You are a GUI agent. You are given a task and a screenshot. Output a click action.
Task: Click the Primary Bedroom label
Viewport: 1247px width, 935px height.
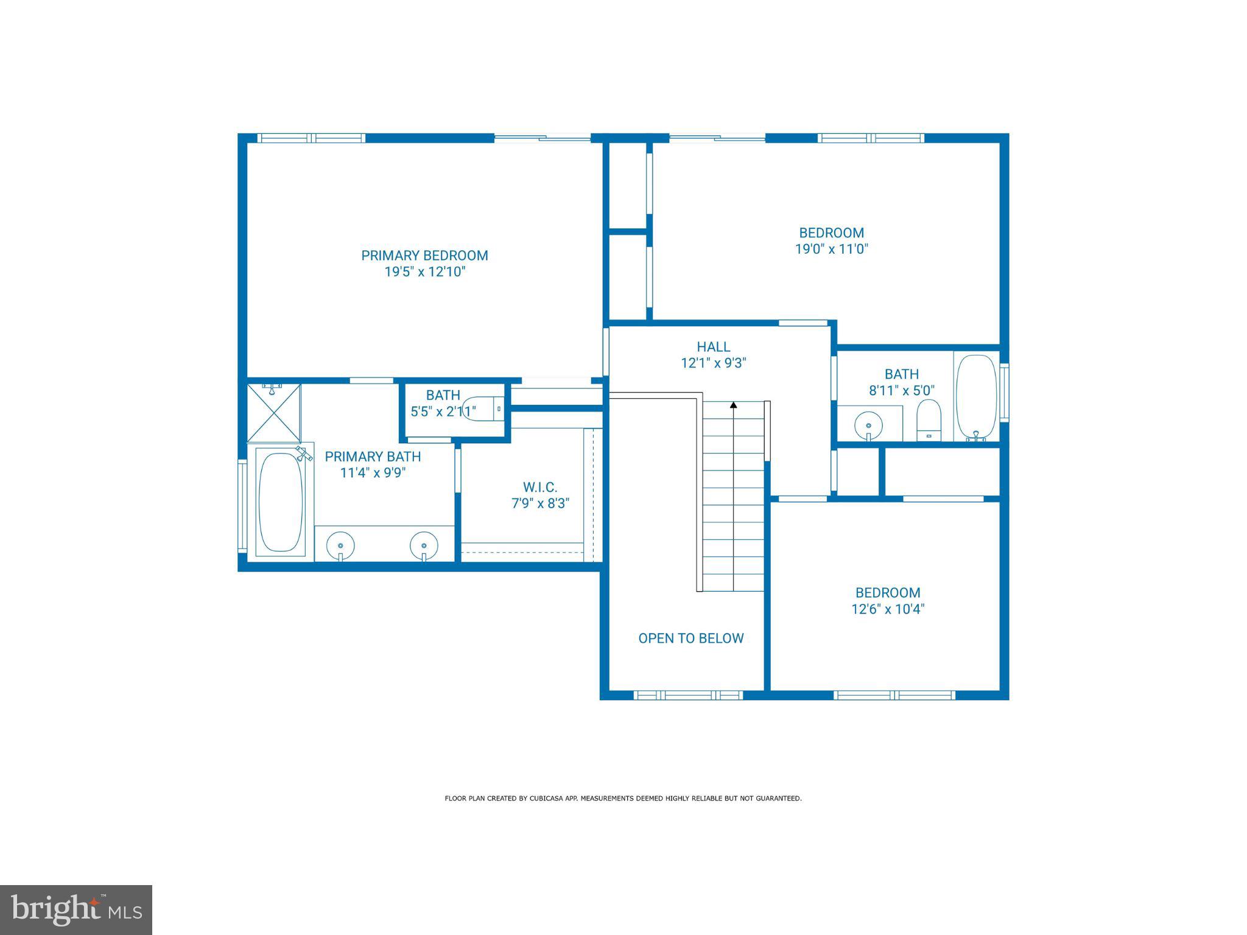(x=424, y=256)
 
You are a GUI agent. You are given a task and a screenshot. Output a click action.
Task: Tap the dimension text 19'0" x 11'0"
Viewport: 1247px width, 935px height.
(x=831, y=249)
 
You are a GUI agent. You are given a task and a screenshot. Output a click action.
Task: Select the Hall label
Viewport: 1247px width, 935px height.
(x=713, y=347)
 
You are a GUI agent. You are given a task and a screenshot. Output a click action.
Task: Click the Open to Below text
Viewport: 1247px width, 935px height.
(x=690, y=638)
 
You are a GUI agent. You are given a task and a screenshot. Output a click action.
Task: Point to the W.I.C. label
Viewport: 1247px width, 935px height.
(x=539, y=487)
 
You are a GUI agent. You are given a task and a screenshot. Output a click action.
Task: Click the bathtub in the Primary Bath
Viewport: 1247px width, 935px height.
(x=281, y=502)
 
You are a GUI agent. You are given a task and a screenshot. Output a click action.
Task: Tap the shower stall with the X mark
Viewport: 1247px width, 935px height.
(x=274, y=412)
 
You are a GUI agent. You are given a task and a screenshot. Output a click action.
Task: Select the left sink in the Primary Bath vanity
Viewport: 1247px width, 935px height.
(x=340, y=544)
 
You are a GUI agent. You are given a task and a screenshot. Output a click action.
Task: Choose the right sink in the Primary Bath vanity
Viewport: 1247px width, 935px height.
(x=424, y=544)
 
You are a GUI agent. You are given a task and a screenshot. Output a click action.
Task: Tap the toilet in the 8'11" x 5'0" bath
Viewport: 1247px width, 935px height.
(x=929, y=419)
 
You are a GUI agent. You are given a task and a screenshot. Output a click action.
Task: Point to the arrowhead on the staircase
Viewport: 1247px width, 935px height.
(x=733, y=405)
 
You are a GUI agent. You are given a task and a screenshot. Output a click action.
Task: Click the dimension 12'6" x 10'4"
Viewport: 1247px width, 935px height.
(x=888, y=609)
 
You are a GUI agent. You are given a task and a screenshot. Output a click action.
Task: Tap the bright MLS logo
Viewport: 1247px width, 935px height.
(x=76, y=909)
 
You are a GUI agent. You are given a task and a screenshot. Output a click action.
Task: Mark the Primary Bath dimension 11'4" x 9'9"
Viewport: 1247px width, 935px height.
(x=373, y=472)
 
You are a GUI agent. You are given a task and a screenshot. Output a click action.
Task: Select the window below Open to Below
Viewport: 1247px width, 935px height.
(x=688, y=695)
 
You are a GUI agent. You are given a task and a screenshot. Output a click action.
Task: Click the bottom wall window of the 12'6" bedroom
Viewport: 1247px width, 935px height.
(x=894, y=695)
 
